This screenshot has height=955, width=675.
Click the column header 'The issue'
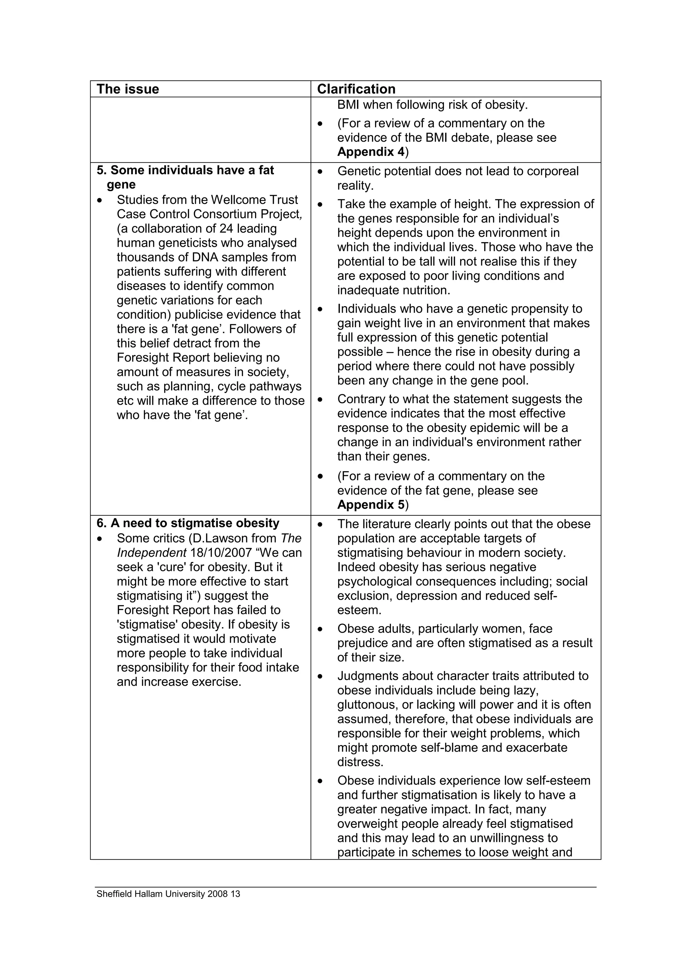[x=128, y=89]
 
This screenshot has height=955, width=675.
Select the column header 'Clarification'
[x=356, y=89]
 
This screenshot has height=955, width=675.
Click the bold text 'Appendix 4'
[x=370, y=152]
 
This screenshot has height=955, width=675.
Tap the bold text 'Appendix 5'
[x=370, y=505]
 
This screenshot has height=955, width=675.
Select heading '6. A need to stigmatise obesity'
[x=188, y=523]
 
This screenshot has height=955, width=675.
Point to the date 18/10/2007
[x=221, y=553]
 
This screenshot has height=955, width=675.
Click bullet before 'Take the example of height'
[x=320, y=205]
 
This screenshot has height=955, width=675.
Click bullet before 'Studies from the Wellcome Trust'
[x=99, y=200]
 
